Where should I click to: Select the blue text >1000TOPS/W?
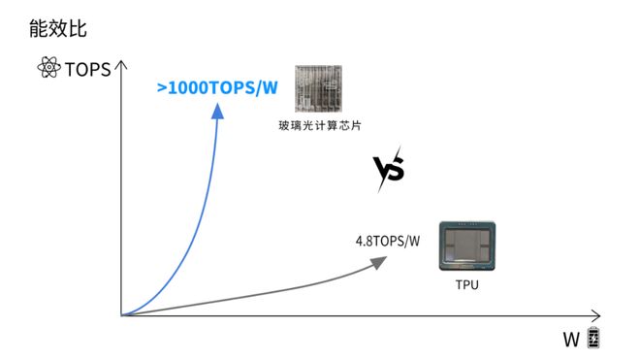pos(217,86)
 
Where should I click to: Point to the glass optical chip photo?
pos(316,90)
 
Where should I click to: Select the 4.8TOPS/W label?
pos(388,239)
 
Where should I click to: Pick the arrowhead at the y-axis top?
pos(121,67)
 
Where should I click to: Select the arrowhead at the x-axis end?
pos(596,315)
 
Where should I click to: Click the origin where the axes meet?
pos(121,315)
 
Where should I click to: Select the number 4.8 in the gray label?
pos(364,239)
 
